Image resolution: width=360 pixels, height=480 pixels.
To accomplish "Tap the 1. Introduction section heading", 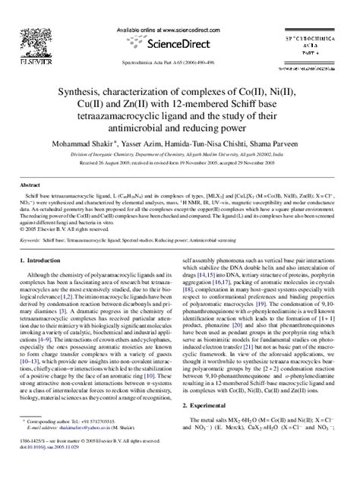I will [x=44, y=261].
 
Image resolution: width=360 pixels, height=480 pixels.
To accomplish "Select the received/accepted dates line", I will [x=179, y=163].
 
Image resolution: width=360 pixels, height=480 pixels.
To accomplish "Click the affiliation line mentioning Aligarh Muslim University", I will [x=179, y=154].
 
